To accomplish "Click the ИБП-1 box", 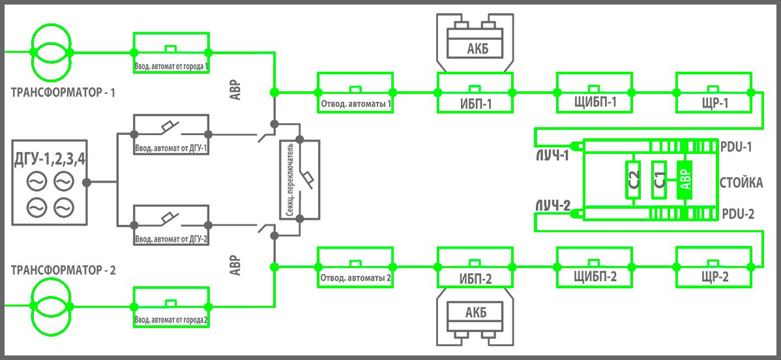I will [475, 93].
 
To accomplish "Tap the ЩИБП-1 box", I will [595, 93].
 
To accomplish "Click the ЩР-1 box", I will [715, 93].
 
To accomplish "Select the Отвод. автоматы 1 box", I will [355, 93].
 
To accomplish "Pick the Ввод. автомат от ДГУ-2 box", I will [171, 225].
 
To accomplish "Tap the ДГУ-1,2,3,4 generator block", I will [50, 182].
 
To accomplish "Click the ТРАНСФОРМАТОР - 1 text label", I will [63, 93].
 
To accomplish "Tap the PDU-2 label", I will [738, 213].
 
